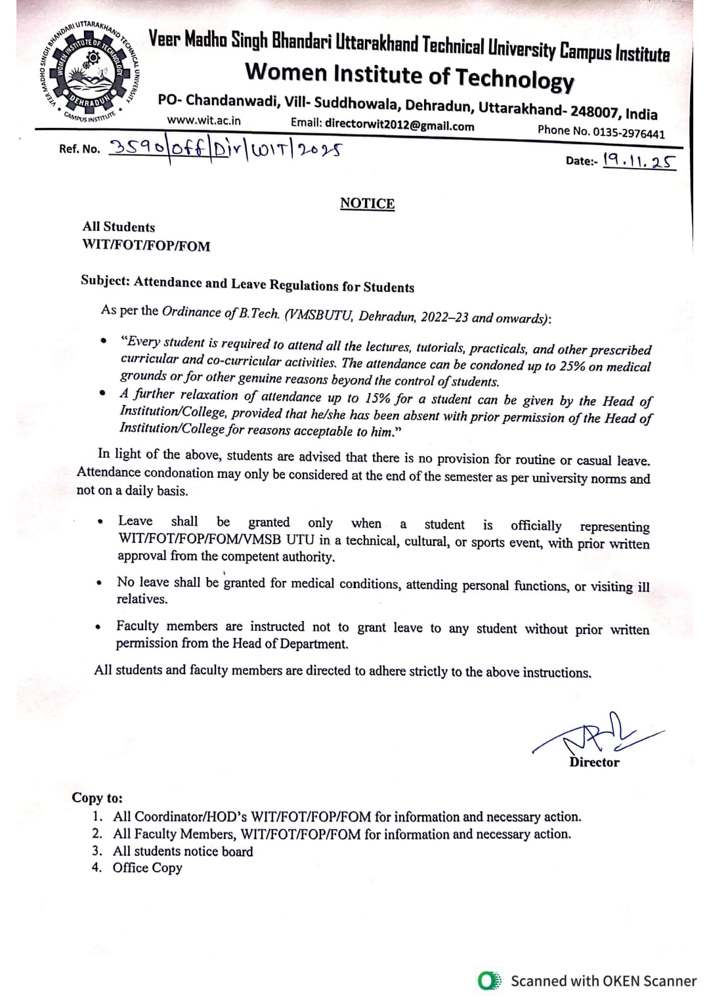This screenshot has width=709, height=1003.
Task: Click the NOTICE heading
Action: pyautogui.click(x=367, y=203)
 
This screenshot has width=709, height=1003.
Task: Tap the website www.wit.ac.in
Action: pyautogui.click(x=204, y=121)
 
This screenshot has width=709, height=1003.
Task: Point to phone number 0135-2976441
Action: pyautogui.click(x=628, y=133)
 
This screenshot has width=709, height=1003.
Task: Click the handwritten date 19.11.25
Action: pyautogui.click(x=639, y=160)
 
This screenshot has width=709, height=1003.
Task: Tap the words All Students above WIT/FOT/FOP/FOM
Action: pyautogui.click(x=119, y=227)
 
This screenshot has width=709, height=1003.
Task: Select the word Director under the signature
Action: pyautogui.click(x=594, y=762)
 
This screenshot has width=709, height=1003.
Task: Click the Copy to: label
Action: pyautogui.click(x=97, y=798)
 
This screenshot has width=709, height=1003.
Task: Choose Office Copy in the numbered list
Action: pyautogui.click(x=147, y=868)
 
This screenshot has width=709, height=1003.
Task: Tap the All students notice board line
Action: pyautogui.click(x=183, y=851)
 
